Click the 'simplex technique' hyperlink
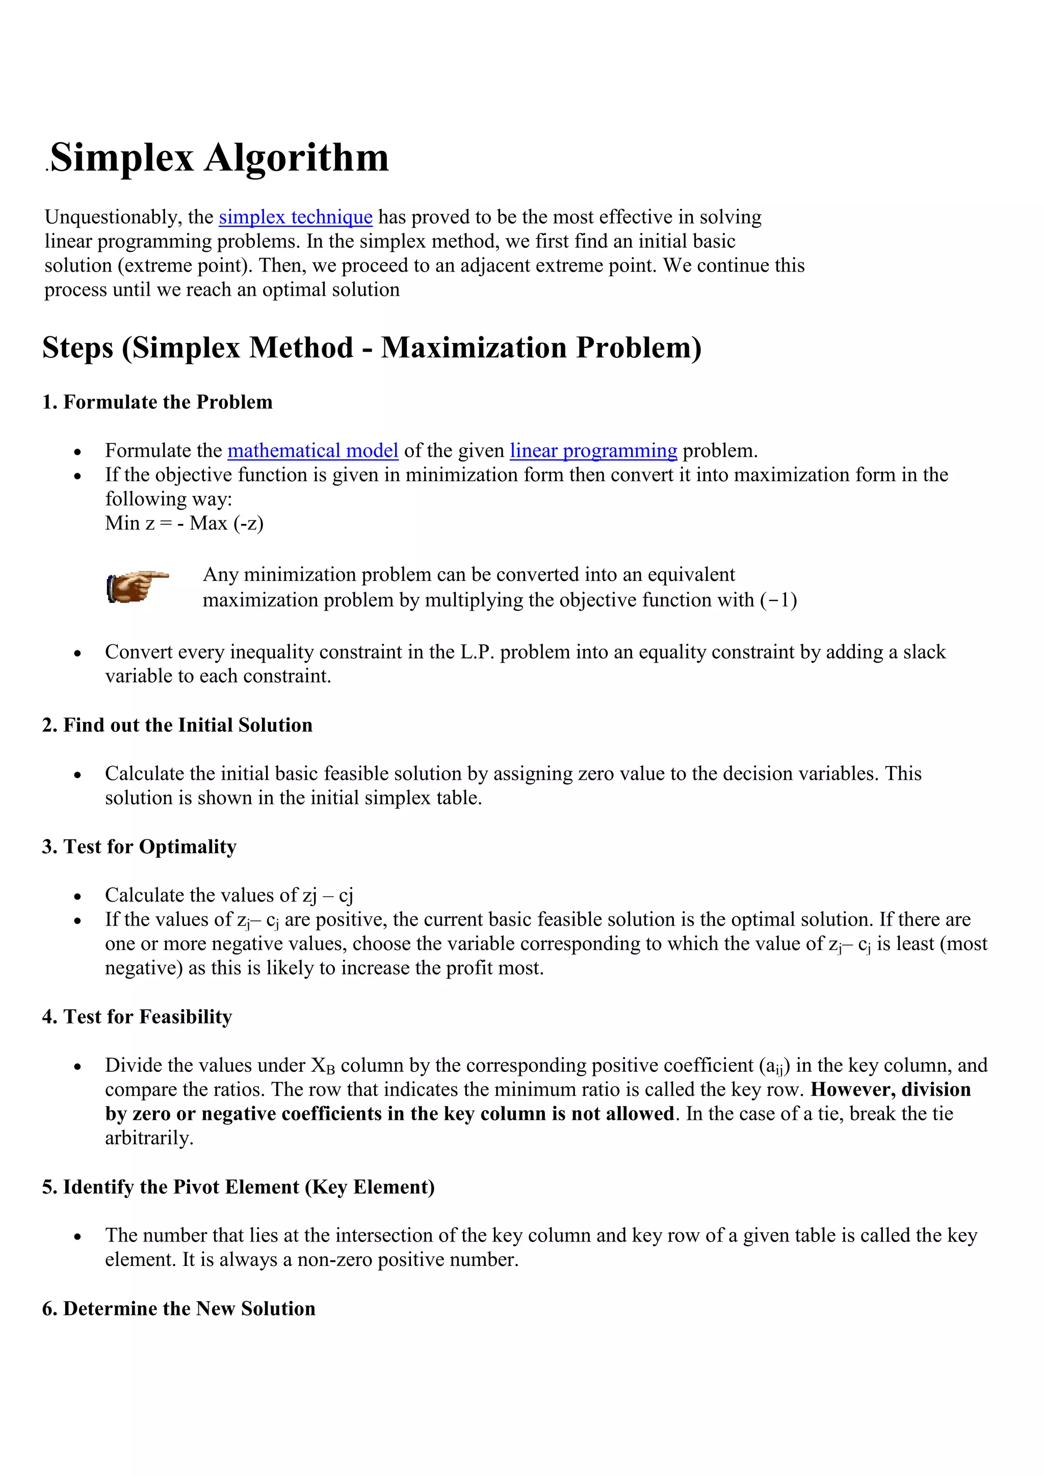click(x=295, y=217)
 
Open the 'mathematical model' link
click(x=312, y=451)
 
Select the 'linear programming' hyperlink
click(x=593, y=451)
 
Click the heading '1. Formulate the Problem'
click(x=157, y=403)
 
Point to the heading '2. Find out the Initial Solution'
click(x=177, y=725)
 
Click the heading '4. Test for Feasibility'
click(x=137, y=1016)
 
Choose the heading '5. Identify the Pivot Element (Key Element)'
click(x=238, y=1187)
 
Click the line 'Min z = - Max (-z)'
click(x=184, y=523)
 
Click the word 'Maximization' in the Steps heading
click(x=473, y=348)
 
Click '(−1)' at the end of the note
click(x=778, y=600)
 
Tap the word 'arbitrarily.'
click(x=149, y=1138)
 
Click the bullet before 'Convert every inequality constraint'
click(x=77, y=654)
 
